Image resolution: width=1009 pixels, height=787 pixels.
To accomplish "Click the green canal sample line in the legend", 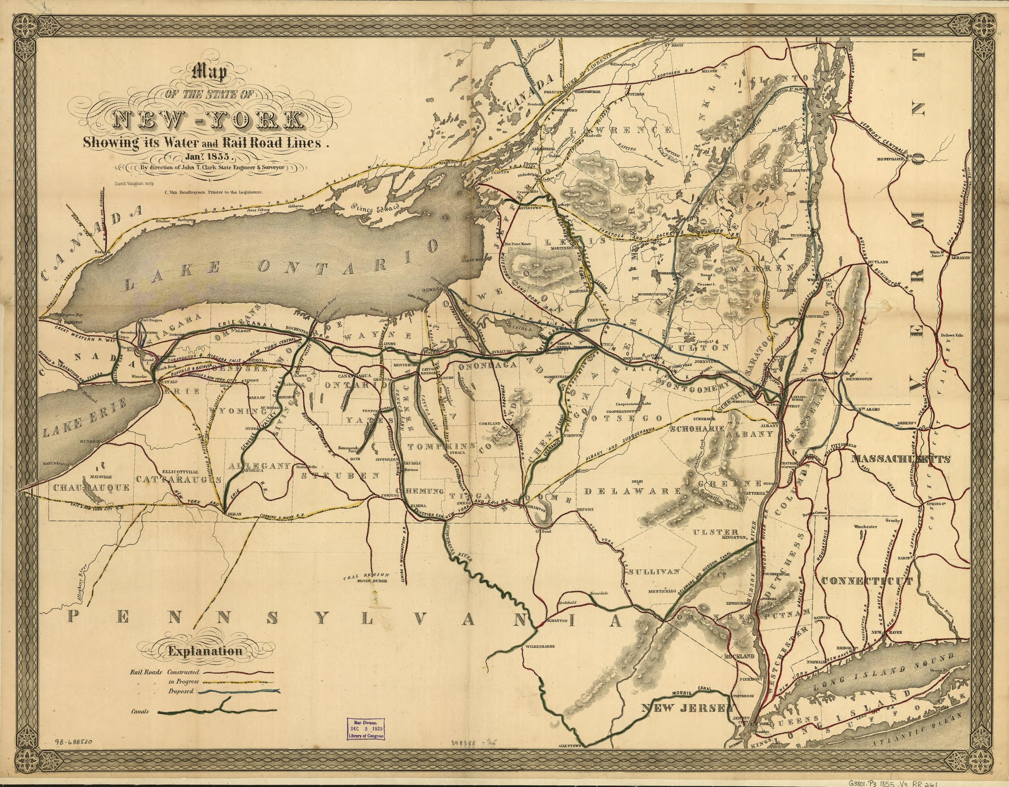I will pos(217,711).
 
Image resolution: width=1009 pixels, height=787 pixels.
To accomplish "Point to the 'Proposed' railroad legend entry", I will pos(181,692).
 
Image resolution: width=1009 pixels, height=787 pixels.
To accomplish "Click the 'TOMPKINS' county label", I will pos(441,446).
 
